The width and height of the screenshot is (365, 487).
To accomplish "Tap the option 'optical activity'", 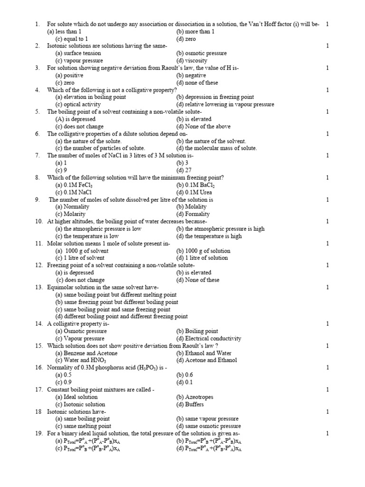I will point(78,105).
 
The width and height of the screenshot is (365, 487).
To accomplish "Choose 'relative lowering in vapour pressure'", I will point(225,105).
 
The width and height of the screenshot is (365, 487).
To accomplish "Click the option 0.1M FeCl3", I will point(75,185).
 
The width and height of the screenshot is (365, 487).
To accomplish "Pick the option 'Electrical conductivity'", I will point(209,339).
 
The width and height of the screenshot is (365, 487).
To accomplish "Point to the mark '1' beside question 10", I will point(327,222).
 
